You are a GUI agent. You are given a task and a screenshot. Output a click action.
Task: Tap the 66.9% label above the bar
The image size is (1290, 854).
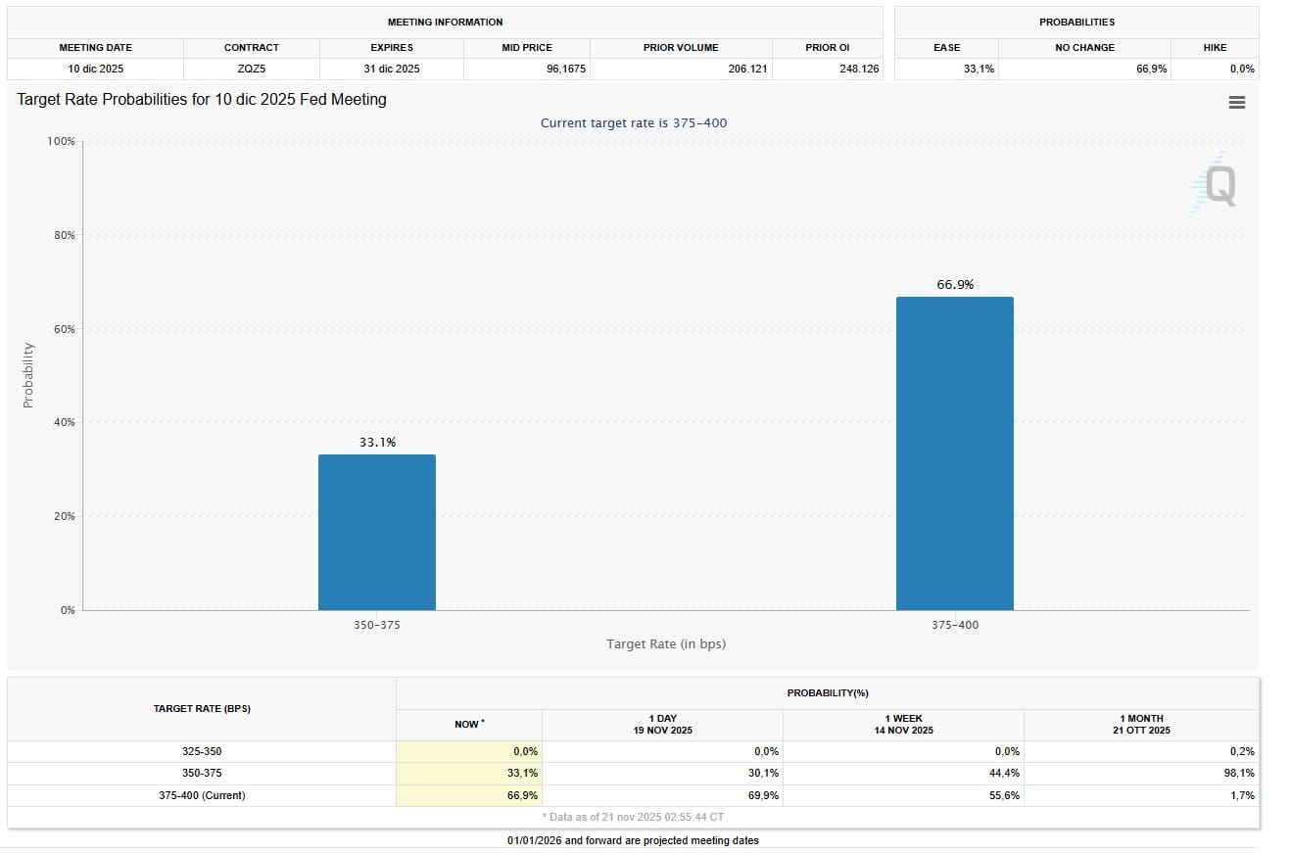click(955, 285)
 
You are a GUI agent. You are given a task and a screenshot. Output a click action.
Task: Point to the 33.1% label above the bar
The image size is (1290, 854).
click(377, 443)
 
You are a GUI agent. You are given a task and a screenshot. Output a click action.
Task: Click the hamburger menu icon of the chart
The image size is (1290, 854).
click(1236, 103)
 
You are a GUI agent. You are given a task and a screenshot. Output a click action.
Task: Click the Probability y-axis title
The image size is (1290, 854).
click(27, 375)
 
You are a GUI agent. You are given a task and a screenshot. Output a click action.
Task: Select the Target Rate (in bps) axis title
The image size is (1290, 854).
click(666, 643)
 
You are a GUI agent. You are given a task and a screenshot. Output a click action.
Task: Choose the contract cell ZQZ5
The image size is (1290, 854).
click(251, 69)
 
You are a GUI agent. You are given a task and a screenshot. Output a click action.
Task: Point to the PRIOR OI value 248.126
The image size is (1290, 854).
click(858, 69)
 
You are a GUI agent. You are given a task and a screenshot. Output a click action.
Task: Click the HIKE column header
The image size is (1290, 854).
click(1215, 47)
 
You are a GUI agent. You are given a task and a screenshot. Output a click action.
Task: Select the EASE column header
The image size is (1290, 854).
click(946, 47)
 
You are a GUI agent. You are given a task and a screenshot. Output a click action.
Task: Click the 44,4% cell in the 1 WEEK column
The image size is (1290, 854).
click(1004, 774)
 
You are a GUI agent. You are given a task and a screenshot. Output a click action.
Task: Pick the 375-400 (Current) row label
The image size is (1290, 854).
click(202, 795)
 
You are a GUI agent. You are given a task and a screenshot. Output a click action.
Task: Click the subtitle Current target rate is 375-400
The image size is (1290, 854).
click(634, 122)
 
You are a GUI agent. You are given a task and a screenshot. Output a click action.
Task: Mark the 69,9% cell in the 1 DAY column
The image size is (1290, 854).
click(763, 795)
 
